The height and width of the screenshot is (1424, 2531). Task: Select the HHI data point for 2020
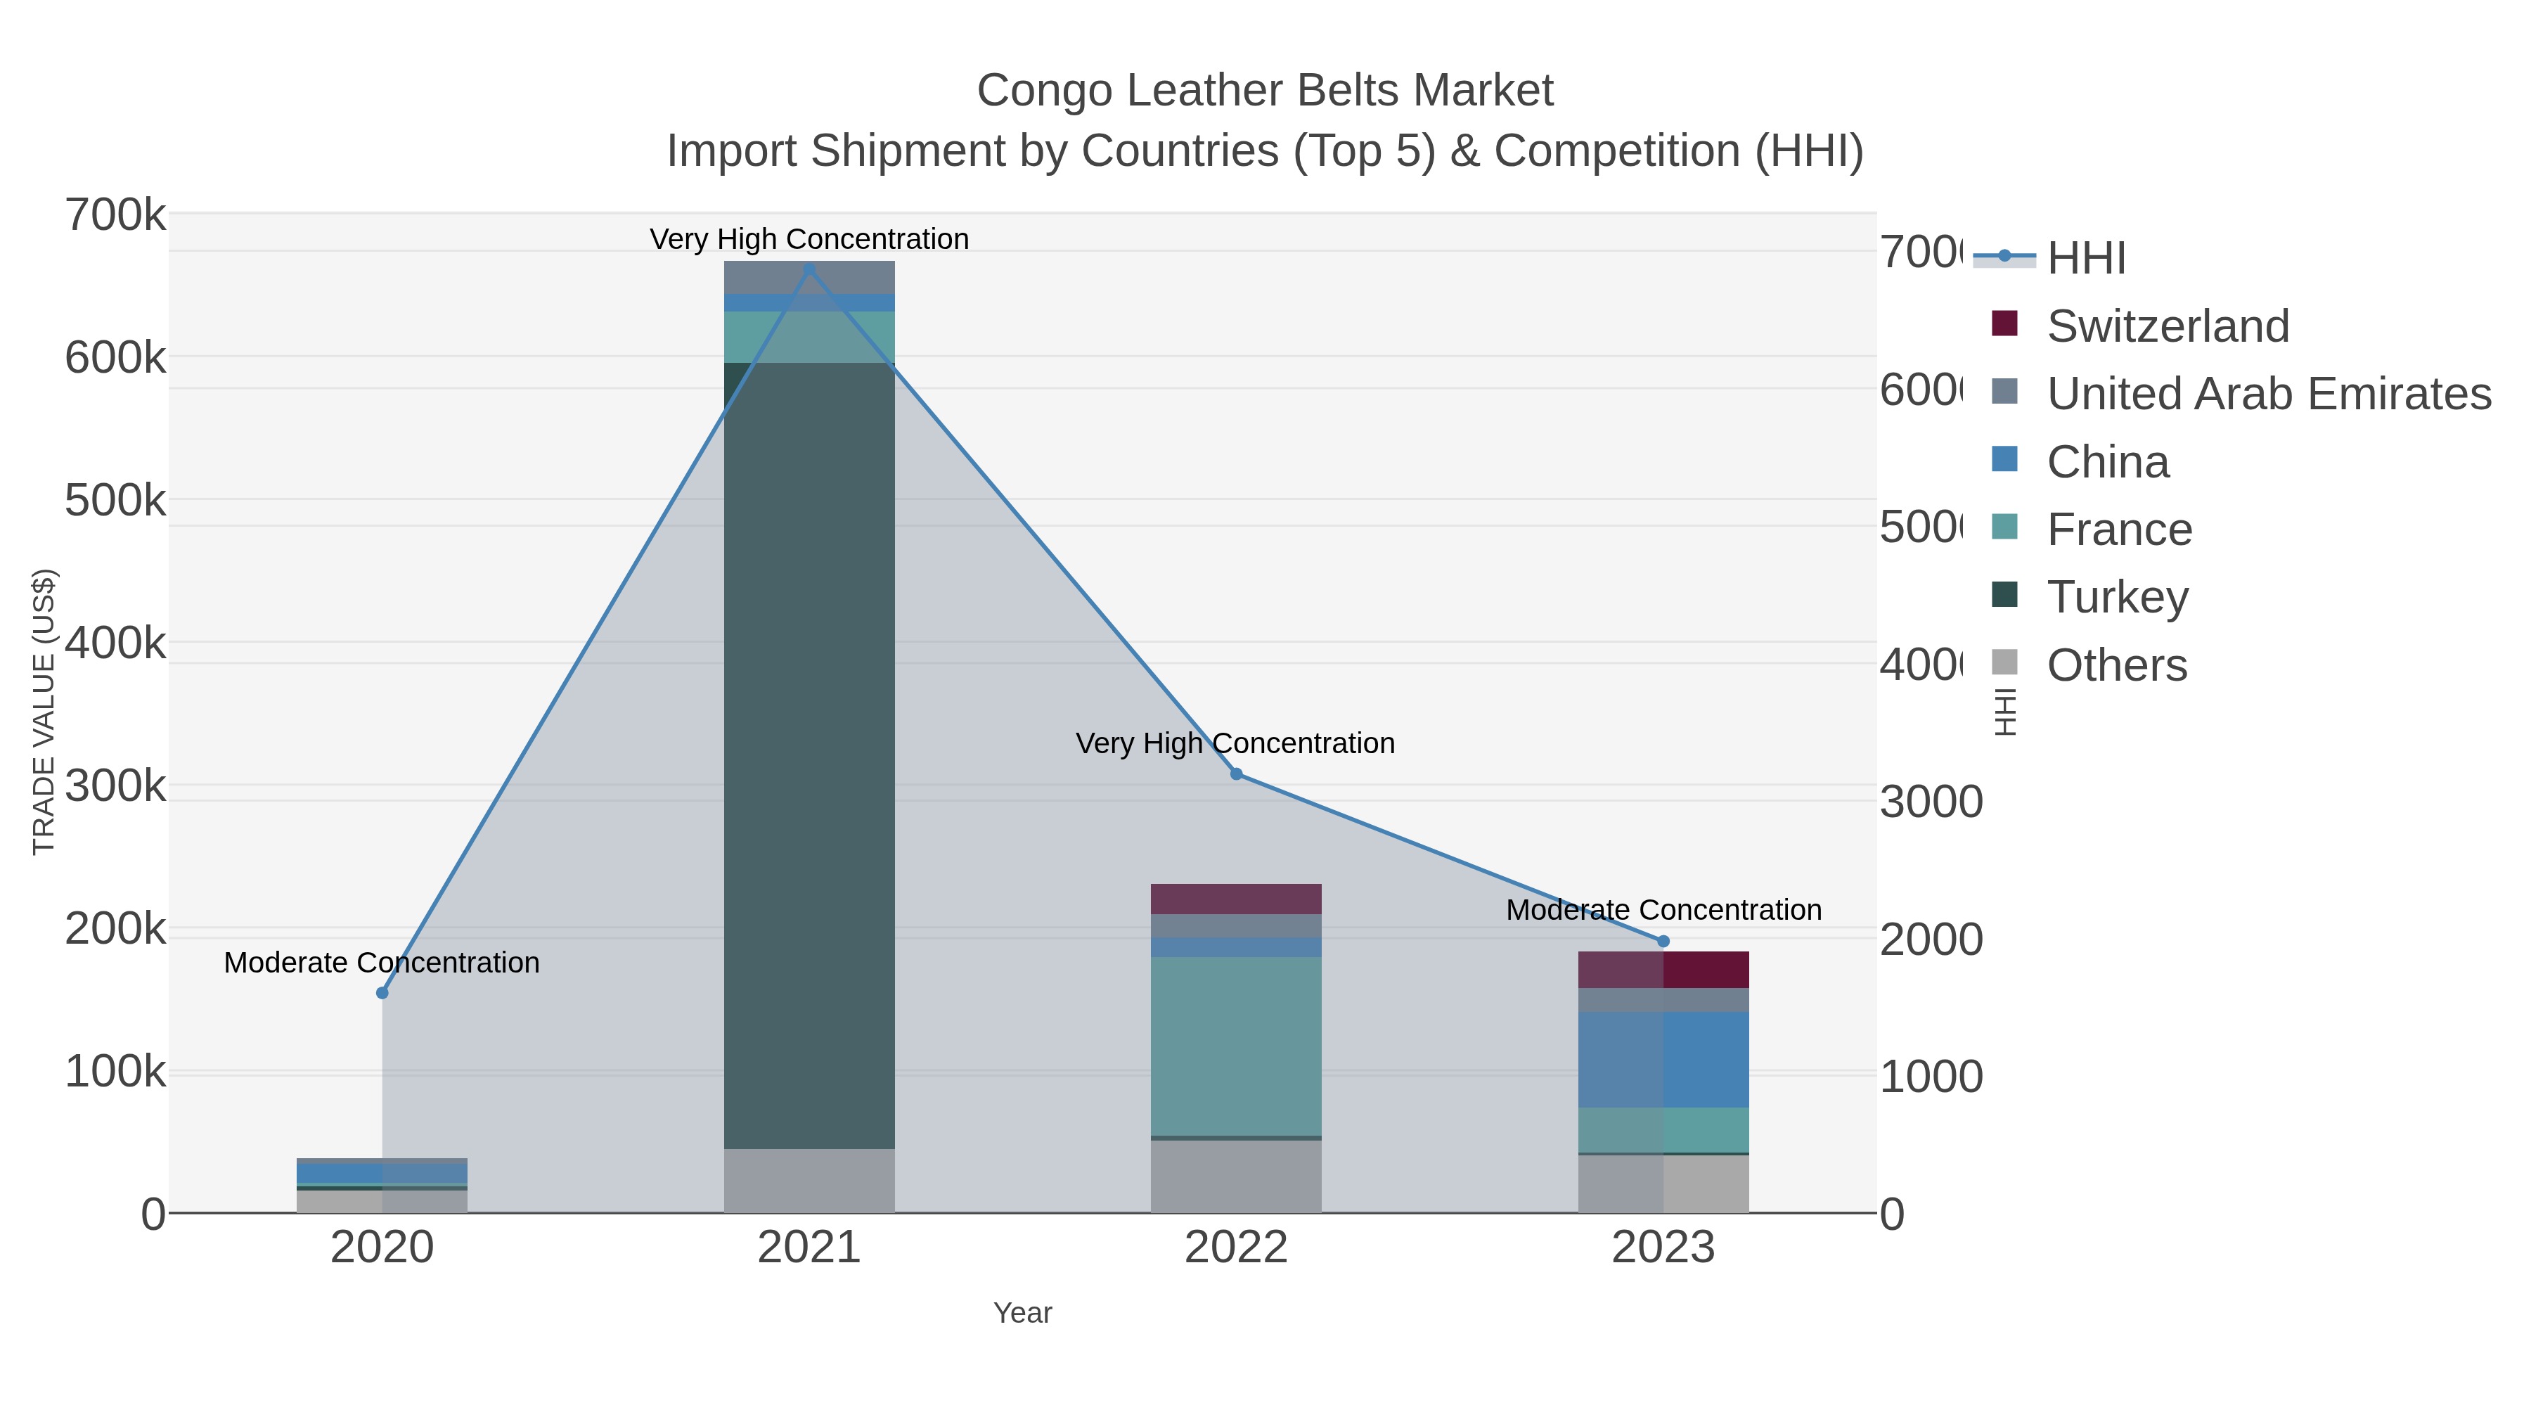click(382, 992)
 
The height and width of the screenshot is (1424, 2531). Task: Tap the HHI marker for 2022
click(1236, 774)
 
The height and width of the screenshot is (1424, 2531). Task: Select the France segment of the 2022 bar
click(1236, 1046)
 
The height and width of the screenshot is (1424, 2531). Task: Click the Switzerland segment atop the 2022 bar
click(1236, 899)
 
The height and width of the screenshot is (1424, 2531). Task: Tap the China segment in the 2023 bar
click(1663, 1060)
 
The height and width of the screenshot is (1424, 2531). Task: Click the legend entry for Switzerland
click(2167, 326)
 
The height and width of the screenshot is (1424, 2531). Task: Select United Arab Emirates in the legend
click(2267, 394)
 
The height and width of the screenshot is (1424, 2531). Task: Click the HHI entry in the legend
click(2085, 259)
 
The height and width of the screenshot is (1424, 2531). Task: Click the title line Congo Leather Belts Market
click(1265, 91)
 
